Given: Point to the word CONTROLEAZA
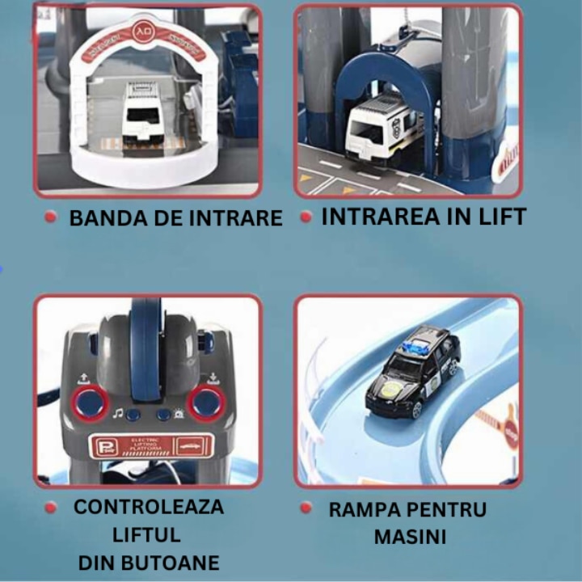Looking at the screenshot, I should click(149, 508).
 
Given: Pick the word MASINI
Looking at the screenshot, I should click(410, 537).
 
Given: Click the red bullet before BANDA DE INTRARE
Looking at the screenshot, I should click(51, 217).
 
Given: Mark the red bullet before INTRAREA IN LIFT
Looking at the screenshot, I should click(306, 217).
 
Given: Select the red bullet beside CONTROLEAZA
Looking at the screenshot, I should click(51, 508).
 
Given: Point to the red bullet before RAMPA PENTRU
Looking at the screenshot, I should click(306, 508).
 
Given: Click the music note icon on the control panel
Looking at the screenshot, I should click(118, 413).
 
